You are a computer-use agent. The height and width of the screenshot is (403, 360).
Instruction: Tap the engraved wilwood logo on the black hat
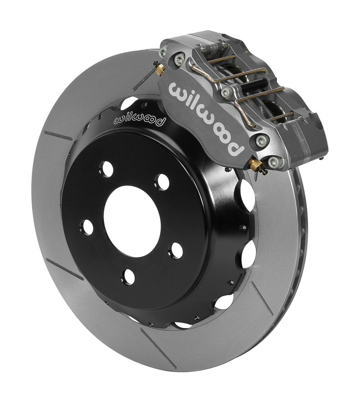tap(140, 119)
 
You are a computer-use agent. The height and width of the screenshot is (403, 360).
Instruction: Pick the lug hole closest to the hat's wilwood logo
tap(107, 169)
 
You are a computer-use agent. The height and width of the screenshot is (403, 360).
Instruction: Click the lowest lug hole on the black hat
tap(129, 277)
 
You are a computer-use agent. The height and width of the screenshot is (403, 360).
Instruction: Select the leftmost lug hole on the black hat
tap(87, 227)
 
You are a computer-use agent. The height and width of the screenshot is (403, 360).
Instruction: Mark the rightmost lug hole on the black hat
tap(175, 250)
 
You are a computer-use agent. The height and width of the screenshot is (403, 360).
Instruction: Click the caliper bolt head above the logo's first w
tap(178, 59)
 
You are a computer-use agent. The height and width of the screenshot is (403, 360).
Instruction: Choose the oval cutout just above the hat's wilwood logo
tap(129, 103)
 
